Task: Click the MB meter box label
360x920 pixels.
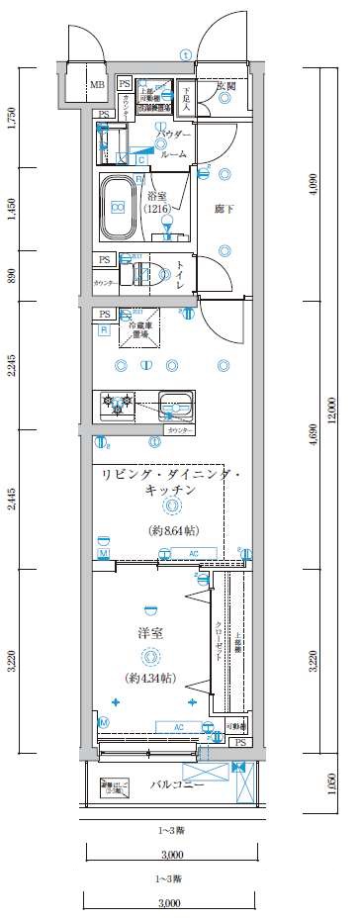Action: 97,85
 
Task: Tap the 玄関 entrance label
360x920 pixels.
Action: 225,86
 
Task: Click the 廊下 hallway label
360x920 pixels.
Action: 224,210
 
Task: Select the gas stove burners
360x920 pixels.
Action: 117,405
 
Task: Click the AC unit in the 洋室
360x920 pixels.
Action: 151,727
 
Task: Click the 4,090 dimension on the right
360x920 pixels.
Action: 313,182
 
